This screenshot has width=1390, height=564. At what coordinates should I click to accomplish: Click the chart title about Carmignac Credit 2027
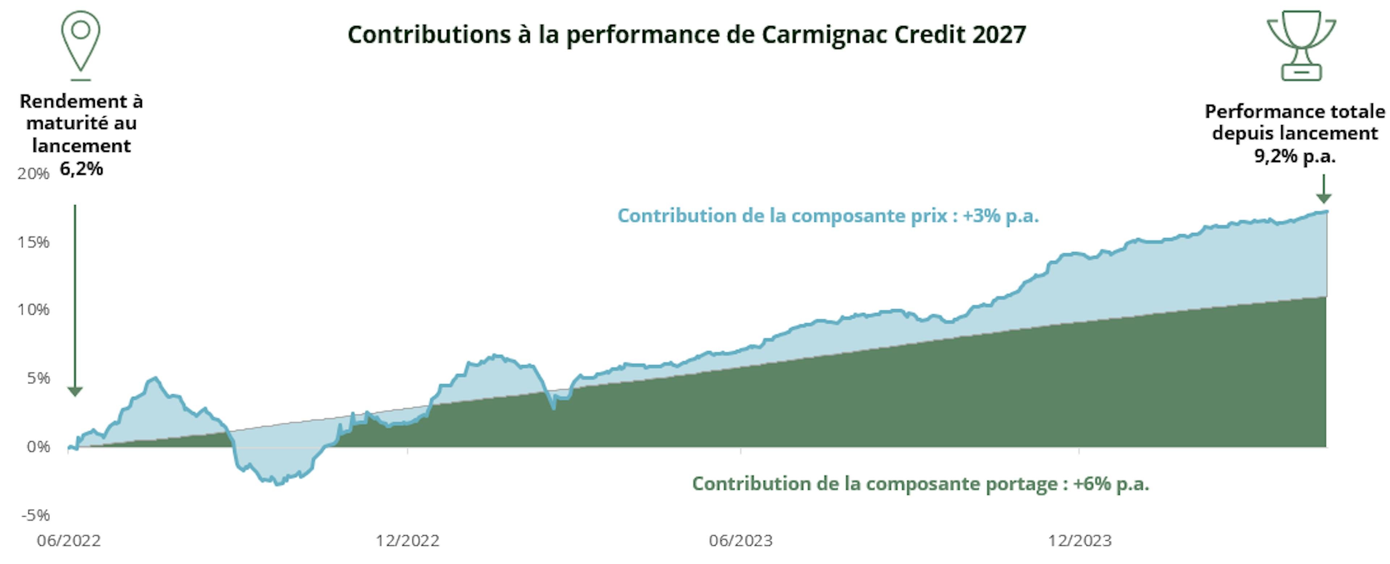(x=686, y=34)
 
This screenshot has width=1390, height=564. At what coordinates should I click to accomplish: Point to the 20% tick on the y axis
(x=33, y=174)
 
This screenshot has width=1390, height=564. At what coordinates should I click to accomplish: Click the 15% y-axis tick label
(x=33, y=242)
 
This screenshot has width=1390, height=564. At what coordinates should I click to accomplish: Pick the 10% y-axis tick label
(x=33, y=309)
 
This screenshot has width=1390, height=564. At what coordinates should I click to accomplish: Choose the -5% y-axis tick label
(x=35, y=515)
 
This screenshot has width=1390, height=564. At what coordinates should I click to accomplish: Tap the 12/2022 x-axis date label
(x=407, y=540)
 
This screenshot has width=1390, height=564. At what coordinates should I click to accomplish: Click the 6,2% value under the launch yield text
(x=81, y=169)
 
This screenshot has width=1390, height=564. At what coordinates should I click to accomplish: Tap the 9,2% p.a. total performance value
(x=1294, y=157)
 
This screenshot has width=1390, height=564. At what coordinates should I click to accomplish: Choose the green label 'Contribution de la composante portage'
(x=921, y=484)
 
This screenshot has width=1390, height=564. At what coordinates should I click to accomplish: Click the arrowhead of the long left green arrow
(x=75, y=392)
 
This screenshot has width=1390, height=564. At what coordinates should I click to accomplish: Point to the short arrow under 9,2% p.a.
(x=1324, y=190)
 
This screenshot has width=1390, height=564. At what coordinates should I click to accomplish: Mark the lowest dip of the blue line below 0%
(x=278, y=484)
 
